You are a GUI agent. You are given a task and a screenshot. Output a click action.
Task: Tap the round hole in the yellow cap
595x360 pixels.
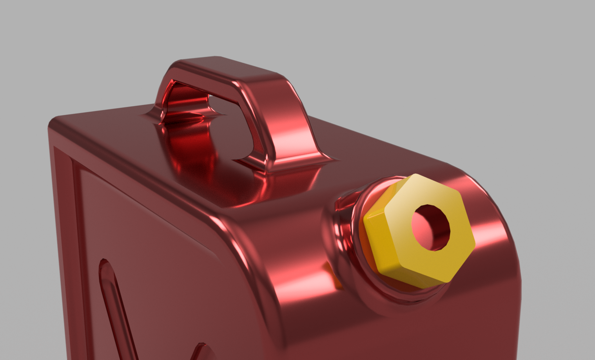coord(430,227)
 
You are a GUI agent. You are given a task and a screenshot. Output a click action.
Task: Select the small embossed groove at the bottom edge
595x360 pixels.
coord(202,351)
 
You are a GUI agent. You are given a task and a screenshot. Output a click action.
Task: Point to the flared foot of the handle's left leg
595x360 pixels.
coord(153,116)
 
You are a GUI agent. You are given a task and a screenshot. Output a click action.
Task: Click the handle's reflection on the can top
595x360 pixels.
coord(196,157)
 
